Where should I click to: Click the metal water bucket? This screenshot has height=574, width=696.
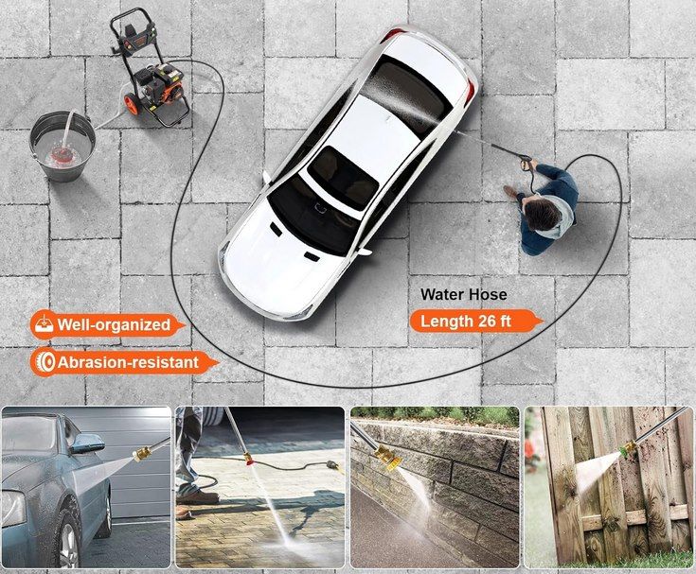(x=62, y=146)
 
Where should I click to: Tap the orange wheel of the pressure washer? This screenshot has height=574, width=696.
(x=132, y=106)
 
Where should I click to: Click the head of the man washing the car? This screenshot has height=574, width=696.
(x=542, y=213)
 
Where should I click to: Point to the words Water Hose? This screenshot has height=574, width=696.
(x=463, y=295)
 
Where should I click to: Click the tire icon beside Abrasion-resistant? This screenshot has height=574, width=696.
(x=45, y=363)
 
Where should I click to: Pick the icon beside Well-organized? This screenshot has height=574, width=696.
(x=44, y=324)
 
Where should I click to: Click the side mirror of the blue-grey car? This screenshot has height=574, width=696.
(x=88, y=444)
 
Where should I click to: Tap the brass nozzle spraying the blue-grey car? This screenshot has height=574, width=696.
(x=142, y=454)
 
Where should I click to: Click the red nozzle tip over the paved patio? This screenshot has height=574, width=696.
(x=250, y=460)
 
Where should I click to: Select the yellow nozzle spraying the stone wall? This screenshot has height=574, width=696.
(x=387, y=458)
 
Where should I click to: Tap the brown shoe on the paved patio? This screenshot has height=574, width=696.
(x=197, y=496)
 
